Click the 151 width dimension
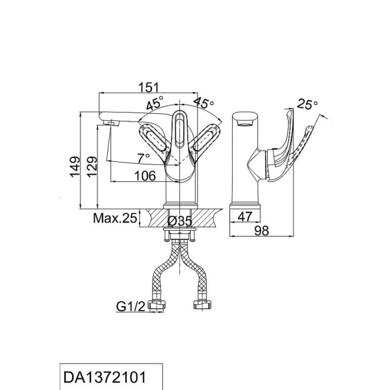[x=148, y=88]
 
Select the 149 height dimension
[x=75, y=167]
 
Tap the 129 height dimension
[x=92, y=167]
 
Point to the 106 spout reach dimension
[x=145, y=176]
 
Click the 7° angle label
[x=144, y=158]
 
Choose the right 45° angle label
[x=203, y=102]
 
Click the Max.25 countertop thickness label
[x=115, y=218]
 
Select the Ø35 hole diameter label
[x=179, y=221]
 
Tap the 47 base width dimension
[x=245, y=216]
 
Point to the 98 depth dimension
[x=262, y=231]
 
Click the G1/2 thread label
[x=130, y=307]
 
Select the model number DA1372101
[x=104, y=377]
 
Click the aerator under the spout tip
[x=111, y=123]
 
